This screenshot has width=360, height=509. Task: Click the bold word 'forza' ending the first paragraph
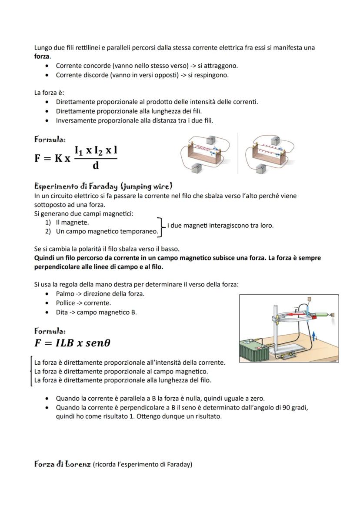42,57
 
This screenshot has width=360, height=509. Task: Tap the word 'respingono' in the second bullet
213,75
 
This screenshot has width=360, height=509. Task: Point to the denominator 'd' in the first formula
96,166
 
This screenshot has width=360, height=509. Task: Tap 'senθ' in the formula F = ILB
97,343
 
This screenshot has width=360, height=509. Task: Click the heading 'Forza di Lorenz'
63,464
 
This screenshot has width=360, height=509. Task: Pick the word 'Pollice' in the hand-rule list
65,303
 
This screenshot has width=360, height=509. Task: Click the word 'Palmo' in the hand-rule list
65,294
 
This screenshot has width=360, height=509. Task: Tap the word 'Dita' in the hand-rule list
62,312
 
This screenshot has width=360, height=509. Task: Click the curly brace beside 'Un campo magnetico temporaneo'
160,227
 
